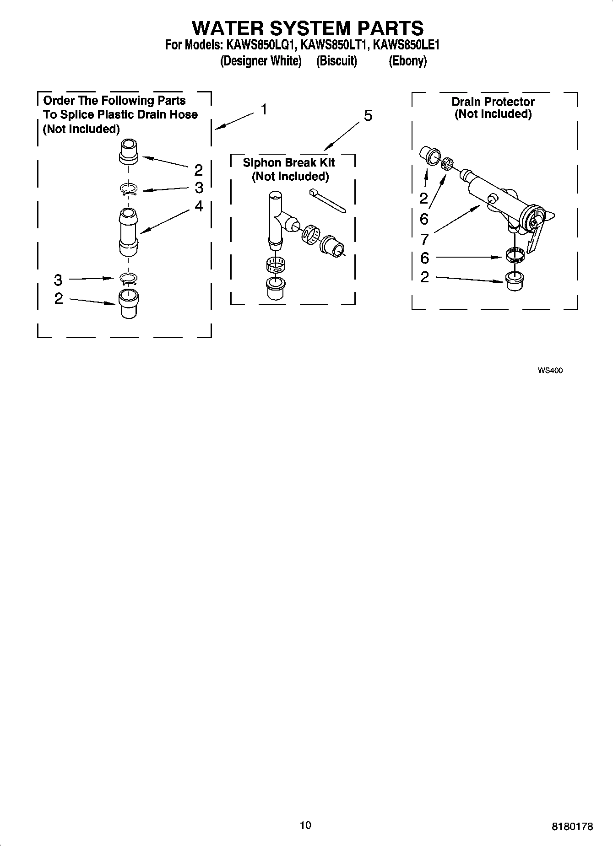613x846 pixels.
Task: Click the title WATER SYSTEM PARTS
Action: coord(307,28)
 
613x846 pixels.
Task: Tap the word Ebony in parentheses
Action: coord(407,61)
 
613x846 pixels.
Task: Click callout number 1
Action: coord(264,109)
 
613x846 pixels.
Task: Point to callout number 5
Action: coord(368,116)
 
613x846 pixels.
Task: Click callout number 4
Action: coord(199,206)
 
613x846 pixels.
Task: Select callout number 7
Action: coord(424,239)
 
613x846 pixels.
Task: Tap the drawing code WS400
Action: coord(550,371)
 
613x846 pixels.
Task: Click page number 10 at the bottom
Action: coord(305,825)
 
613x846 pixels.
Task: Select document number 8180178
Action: coord(572,826)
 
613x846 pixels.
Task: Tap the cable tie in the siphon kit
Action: coord(327,200)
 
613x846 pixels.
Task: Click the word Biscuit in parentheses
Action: coord(336,61)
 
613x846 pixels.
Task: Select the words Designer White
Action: coord(261,61)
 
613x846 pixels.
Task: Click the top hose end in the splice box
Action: coord(128,151)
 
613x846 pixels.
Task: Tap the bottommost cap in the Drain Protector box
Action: coord(515,280)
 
